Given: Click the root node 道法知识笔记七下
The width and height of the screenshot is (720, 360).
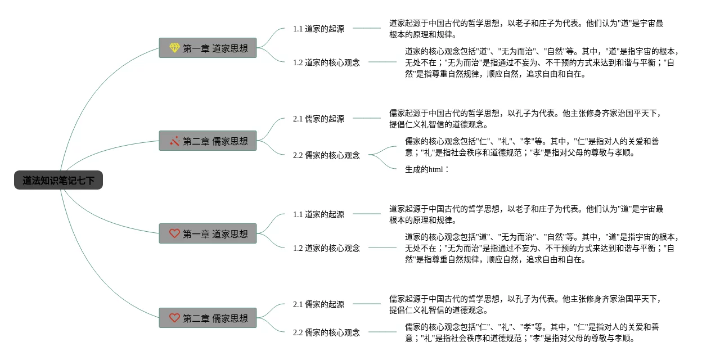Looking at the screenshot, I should (58, 181).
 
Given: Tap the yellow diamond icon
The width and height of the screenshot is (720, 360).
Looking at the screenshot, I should (174, 48).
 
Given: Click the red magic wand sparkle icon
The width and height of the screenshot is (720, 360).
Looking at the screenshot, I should (174, 141).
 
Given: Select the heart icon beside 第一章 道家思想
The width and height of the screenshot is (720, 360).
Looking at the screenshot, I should (174, 233).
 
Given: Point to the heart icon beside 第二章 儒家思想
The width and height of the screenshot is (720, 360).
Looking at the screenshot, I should (174, 318).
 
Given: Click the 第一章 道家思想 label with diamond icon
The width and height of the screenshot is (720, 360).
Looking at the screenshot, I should (215, 48).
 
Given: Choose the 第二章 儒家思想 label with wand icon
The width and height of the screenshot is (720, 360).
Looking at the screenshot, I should (215, 141).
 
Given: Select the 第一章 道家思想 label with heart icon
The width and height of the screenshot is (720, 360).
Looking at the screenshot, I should (215, 234).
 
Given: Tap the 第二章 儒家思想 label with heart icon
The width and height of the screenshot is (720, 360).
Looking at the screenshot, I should (215, 318).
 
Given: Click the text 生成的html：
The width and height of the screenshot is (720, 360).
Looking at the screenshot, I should (427, 169).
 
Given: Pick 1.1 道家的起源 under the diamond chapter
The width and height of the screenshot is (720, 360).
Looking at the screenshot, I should (318, 29).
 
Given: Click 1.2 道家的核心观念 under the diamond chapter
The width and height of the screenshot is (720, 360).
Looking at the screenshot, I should (326, 62).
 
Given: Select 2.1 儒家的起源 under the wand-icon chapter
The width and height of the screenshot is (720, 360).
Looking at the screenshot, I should (318, 119).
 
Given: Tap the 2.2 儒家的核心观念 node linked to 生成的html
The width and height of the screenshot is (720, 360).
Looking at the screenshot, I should (326, 155).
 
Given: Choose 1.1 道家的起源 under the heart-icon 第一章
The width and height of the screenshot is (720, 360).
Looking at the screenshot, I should (318, 214).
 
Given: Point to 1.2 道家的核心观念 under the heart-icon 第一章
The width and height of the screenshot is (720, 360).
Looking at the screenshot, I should (326, 248).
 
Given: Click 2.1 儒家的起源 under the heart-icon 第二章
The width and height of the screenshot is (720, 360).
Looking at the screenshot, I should (318, 304).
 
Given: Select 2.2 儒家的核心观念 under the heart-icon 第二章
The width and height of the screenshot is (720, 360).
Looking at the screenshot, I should (326, 332).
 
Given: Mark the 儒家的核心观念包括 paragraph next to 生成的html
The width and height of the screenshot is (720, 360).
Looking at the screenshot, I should (532, 147).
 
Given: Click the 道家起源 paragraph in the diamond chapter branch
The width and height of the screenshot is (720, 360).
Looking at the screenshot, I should (526, 29).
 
